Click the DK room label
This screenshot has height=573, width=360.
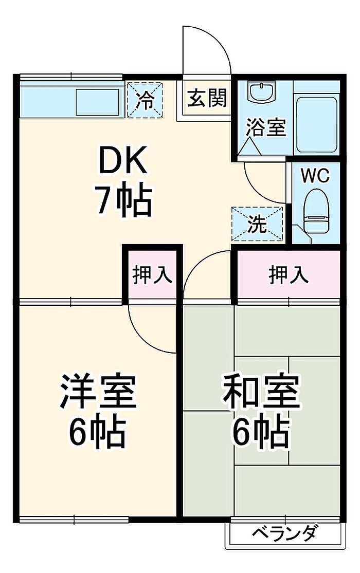pos(123,162)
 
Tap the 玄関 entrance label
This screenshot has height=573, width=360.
pos(206,98)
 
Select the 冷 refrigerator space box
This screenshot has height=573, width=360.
pos(145,100)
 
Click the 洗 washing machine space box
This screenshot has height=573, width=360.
pos(257,224)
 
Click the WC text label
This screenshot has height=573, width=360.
pos(314,176)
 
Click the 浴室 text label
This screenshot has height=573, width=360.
pos(265,127)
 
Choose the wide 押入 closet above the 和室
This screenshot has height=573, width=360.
pos(289,275)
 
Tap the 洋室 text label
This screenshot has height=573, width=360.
pos(98,392)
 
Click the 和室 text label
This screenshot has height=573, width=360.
pos(261,392)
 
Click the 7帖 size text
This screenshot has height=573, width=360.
pos(122,200)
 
